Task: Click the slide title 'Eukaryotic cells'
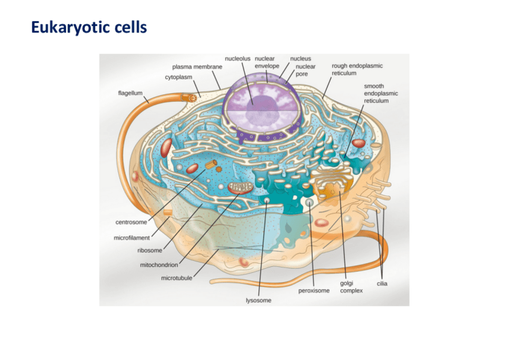point(88,28)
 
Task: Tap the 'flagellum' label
point(131,93)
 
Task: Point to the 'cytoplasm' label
point(183,78)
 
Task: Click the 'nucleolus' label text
point(238,58)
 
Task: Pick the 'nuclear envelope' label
point(266,62)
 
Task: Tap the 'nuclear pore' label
point(306,70)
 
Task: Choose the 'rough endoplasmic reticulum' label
point(357,69)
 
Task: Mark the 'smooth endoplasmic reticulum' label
point(381,94)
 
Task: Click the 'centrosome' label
point(131,222)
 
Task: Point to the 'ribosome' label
point(150,251)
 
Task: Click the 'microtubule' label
point(177,278)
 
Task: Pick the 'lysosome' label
point(259,300)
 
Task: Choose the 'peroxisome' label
point(314,291)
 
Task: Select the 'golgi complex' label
point(351,287)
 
